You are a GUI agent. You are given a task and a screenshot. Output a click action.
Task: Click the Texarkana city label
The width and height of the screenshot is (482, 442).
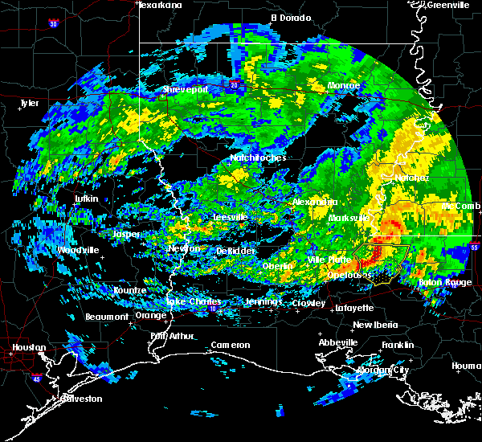160,5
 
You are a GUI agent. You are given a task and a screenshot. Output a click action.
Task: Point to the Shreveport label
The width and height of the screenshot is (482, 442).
186,90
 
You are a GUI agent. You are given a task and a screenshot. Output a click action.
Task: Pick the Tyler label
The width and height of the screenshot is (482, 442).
29,103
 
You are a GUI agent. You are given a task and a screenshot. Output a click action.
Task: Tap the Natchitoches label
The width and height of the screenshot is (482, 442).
258,158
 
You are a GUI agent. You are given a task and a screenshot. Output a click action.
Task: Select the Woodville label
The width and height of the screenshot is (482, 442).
79,250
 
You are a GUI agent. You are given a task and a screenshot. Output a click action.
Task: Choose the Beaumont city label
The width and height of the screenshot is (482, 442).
107,317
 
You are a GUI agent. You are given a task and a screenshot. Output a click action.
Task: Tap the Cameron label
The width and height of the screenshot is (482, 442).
231,345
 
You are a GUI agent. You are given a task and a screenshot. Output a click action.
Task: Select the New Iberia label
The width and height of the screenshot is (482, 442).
375,325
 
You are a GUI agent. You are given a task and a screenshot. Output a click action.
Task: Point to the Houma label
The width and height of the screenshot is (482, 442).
466,366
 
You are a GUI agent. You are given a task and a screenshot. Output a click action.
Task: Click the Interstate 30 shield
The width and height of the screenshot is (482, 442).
54,24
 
